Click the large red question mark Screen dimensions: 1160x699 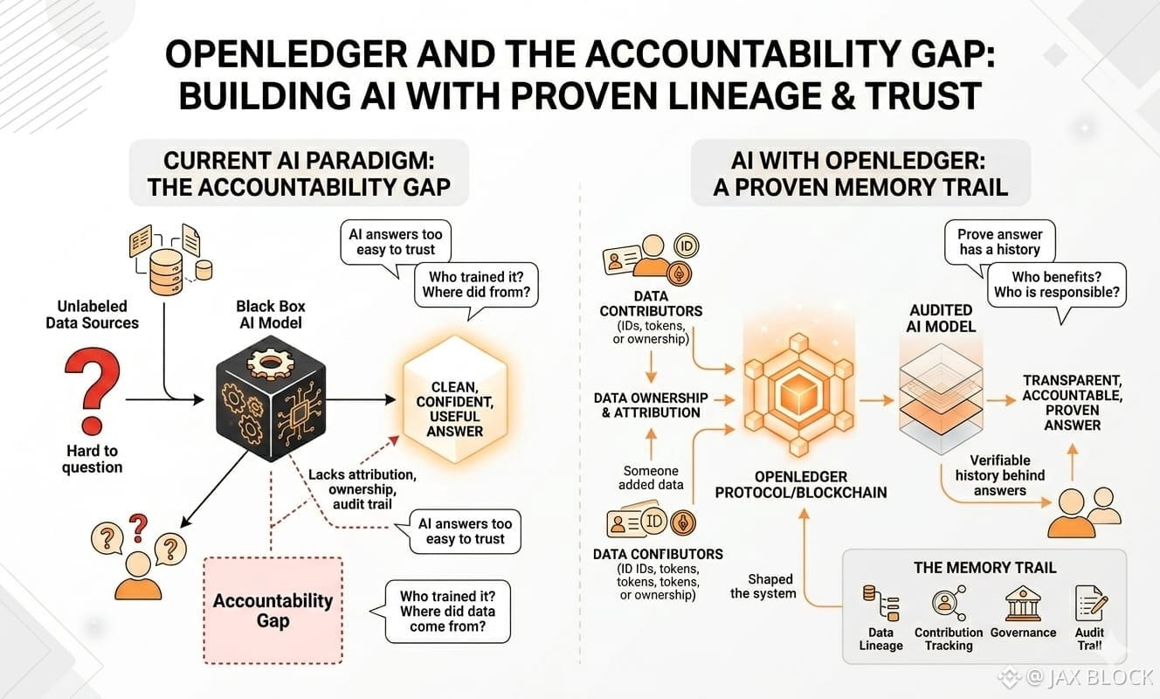pos(93,390)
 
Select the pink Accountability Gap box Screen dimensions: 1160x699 pos(273,611)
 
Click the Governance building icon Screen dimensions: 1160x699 pos(1022,603)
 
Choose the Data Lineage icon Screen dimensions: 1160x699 pos(880,603)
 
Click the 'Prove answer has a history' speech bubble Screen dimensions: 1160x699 pos(999,243)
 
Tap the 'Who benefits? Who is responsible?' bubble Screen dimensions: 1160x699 pos(1056,285)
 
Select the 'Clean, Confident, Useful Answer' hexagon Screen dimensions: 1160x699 pos(455,399)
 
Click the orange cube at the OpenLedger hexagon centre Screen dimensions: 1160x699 pos(799,395)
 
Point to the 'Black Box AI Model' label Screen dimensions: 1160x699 pos(270,315)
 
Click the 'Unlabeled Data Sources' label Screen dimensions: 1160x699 pos(93,315)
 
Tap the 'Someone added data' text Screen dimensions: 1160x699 pos(651,477)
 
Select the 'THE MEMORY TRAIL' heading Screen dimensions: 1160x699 pos(984,567)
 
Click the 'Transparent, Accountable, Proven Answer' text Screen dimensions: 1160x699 pos(1072,403)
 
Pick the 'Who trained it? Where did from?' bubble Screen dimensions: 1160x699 pos(476,285)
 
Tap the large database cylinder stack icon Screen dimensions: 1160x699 pos(166,272)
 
